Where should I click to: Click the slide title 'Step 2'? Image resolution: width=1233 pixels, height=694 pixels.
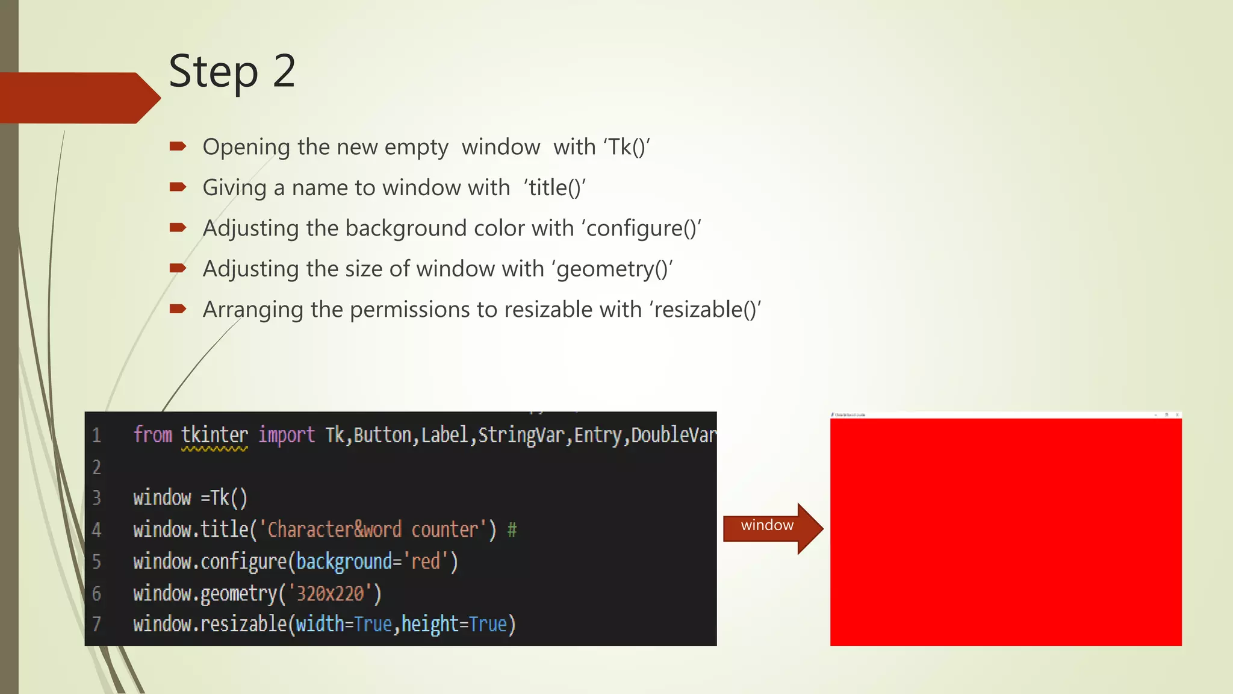232,71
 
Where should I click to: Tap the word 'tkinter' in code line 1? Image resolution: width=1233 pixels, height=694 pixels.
214,435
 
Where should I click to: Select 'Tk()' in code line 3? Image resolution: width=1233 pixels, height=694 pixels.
229,498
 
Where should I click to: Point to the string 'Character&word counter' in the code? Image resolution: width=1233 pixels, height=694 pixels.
373,530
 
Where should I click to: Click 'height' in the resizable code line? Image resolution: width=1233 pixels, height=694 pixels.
430,624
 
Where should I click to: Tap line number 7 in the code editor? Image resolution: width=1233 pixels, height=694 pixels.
96,624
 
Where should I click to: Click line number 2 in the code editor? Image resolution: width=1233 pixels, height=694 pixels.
96,467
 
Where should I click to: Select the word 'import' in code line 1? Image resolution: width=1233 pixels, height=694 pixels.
287,435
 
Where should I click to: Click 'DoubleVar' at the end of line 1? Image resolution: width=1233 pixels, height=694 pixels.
673,435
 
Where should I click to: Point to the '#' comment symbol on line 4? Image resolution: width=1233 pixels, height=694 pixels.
512,530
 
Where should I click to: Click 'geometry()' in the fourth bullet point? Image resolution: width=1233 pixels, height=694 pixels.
612,269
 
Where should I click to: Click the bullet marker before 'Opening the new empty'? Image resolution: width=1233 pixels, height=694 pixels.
178,146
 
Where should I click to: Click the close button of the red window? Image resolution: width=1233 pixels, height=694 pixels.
1177,415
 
